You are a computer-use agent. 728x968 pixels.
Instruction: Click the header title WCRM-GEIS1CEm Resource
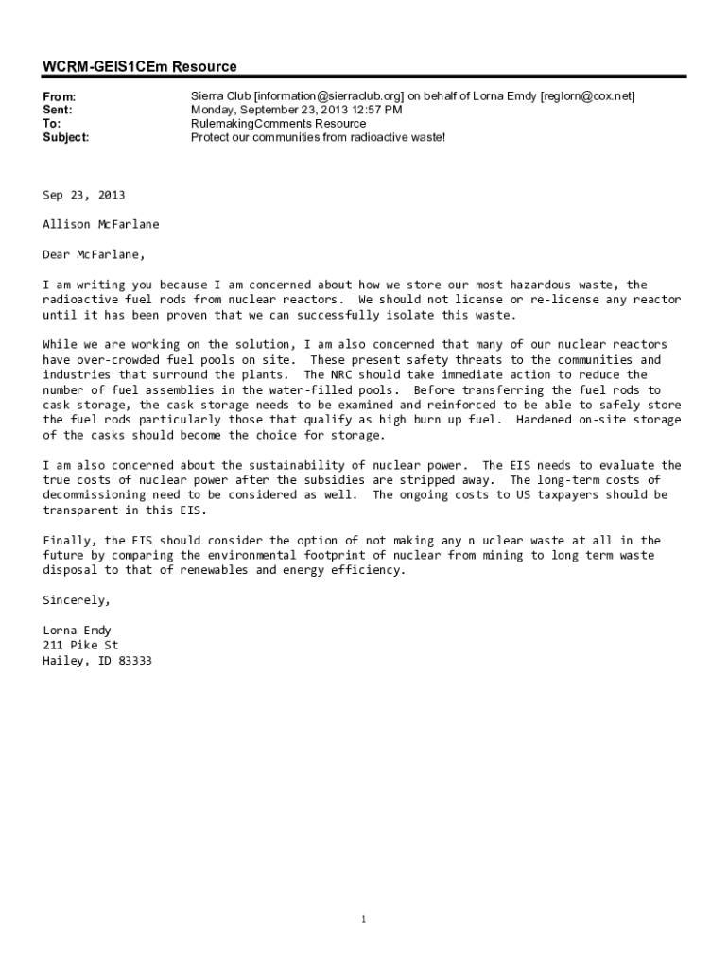139,66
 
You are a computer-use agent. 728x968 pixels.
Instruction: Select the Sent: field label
58,110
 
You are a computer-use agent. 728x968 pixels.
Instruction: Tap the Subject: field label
65,137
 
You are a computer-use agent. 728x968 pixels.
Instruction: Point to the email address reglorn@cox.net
587,96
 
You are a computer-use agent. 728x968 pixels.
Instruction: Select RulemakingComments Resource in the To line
278,124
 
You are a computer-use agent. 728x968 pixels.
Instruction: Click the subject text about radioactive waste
318,137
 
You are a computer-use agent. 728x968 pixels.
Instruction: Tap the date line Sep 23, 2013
83,195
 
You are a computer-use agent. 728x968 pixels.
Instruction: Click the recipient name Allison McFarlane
101,224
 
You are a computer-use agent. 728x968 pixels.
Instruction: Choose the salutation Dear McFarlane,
94,254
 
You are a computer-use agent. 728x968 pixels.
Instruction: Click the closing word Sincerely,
77,600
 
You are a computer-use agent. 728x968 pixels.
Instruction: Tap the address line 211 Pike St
80,645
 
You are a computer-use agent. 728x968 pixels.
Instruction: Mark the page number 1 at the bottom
363,919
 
